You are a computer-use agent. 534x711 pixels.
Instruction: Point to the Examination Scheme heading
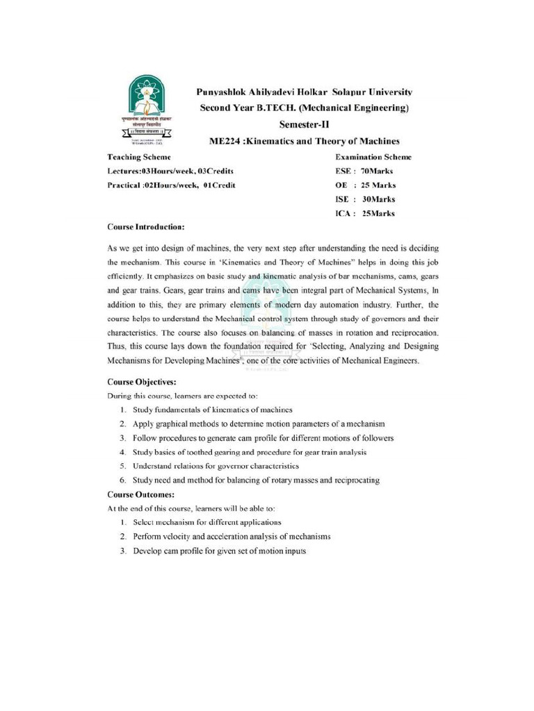click(373, 157)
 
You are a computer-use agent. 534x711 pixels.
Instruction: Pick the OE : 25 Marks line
click(365, 185)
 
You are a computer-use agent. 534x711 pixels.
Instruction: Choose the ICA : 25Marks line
click(365, 214)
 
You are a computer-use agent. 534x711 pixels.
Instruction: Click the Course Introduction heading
click(146, 227)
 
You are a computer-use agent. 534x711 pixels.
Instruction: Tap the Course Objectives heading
click(141, 381)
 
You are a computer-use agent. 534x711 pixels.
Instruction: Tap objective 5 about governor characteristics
click(216, 466)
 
